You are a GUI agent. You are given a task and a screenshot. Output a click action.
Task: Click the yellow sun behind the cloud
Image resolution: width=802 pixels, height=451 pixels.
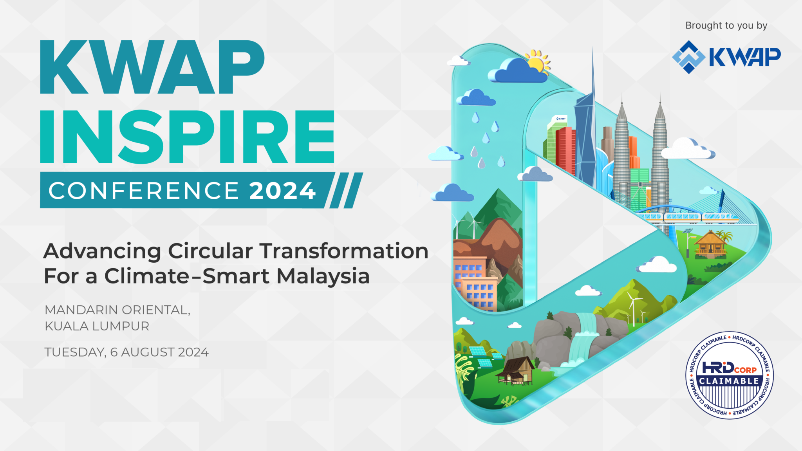[538, 62]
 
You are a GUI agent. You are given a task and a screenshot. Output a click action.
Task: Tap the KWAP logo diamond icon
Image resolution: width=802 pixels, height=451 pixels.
[689, 57]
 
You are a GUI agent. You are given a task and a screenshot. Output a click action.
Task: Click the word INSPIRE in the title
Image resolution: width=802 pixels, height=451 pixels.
[187, 137]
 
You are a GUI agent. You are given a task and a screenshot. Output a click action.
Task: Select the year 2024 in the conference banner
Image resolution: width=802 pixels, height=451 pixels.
[282, 191]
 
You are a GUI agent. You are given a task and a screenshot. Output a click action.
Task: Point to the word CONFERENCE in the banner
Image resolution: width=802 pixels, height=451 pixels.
[144, 191]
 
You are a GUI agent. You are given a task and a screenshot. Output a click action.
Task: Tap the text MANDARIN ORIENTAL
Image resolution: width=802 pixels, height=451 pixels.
[117, 310]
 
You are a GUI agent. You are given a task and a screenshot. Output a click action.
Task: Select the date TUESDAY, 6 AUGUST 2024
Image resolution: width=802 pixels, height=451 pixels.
[126, 352]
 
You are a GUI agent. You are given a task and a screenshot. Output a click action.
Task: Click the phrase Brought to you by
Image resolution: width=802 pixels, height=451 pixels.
[726, 25]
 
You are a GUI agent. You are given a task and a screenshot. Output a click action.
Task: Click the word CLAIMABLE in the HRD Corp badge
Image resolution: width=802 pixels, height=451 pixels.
[729, 381]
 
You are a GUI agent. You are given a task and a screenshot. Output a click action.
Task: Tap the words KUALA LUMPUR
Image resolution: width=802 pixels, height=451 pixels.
[97, 326]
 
